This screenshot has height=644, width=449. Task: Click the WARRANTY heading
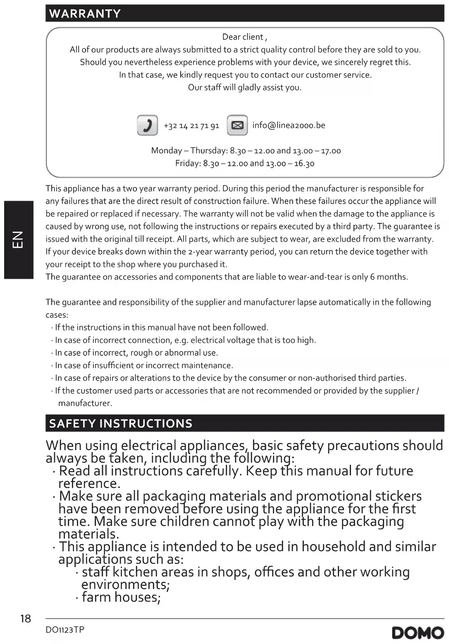[85, 14]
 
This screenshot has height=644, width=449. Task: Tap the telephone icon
[147, 125]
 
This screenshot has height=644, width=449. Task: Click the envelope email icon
[237, 125]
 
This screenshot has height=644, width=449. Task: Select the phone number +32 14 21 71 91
[191, 126]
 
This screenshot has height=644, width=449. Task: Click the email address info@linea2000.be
[289, 125]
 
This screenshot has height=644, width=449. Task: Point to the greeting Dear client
[244, 37]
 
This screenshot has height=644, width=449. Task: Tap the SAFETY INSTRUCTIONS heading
[121, 424]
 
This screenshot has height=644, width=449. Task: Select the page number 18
[26, 619]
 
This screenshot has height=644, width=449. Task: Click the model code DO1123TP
[65, 630]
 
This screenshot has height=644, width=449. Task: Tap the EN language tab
[19, 239]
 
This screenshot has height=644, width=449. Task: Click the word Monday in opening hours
[167, 151]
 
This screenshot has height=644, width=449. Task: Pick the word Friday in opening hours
[187, 163]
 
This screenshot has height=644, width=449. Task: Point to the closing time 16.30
[304, 163]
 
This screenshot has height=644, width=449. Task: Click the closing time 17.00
[331, 151]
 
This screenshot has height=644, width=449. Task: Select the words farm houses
[121, 598]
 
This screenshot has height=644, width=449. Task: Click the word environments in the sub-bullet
[125, 585]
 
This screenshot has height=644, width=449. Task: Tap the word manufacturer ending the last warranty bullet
[85, 403]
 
